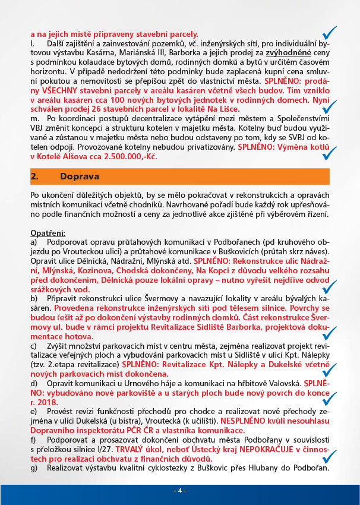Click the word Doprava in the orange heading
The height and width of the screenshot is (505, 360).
(80, 177)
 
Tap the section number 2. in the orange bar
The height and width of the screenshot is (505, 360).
(34, 177)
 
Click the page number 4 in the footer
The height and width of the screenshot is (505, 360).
(179, 491)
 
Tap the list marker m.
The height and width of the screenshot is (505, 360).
(35, 128)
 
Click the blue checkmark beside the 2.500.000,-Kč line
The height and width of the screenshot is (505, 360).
(326, 153)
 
